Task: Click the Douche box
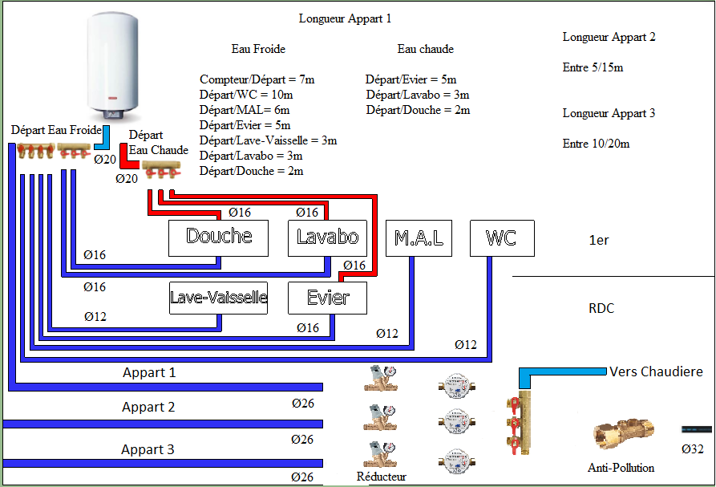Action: point(218,237)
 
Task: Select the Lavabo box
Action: point(327,237)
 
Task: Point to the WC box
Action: point(502,237)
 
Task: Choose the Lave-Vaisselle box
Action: point(218,298)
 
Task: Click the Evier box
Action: point(328,298)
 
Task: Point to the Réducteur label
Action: point(381,477)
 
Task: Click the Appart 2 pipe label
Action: point(148,407)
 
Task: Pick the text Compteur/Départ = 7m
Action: point(257,79)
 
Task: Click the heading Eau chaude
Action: point(425,49)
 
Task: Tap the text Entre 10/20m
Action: point(596,144)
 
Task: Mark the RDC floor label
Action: point(601,308)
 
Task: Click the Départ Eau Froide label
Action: point(56,130)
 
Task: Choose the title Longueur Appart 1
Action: point(345,18)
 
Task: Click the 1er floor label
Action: point(598,240)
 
